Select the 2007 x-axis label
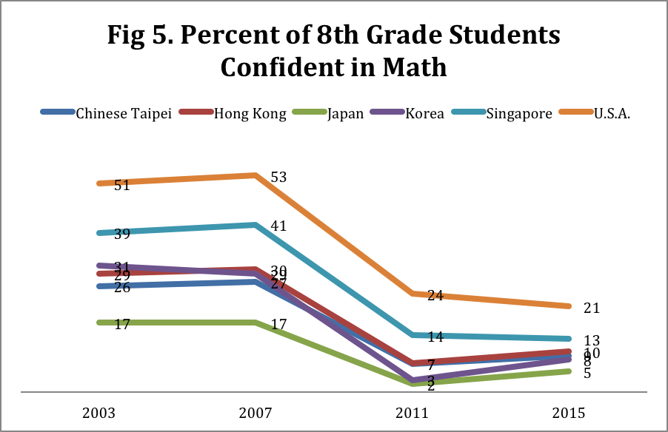click(255, 412)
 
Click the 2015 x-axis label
click(571, 412)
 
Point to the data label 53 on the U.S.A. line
click(278, 178)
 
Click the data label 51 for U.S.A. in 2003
click(122, 186)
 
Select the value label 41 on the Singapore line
click(278, 226)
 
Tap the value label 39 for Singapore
click(122, 234)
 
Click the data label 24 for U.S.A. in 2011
click(435, 296)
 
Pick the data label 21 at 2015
click(592, 308)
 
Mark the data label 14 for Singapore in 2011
click(435, 337)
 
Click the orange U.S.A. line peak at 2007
click(255, 175)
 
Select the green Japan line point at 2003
click(98, 323)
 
